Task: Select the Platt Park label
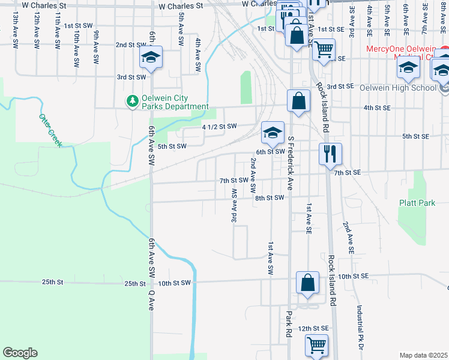pos(417,203)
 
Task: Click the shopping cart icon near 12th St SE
pos(316,345)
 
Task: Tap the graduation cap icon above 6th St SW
pos(272,133)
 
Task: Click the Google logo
pos(20,352)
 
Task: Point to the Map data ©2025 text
pos(424,355)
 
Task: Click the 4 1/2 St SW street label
pos(220,127)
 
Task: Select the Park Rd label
pos(289,324)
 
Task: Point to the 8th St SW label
pos(268,197)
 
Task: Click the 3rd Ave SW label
pos(234,205)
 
